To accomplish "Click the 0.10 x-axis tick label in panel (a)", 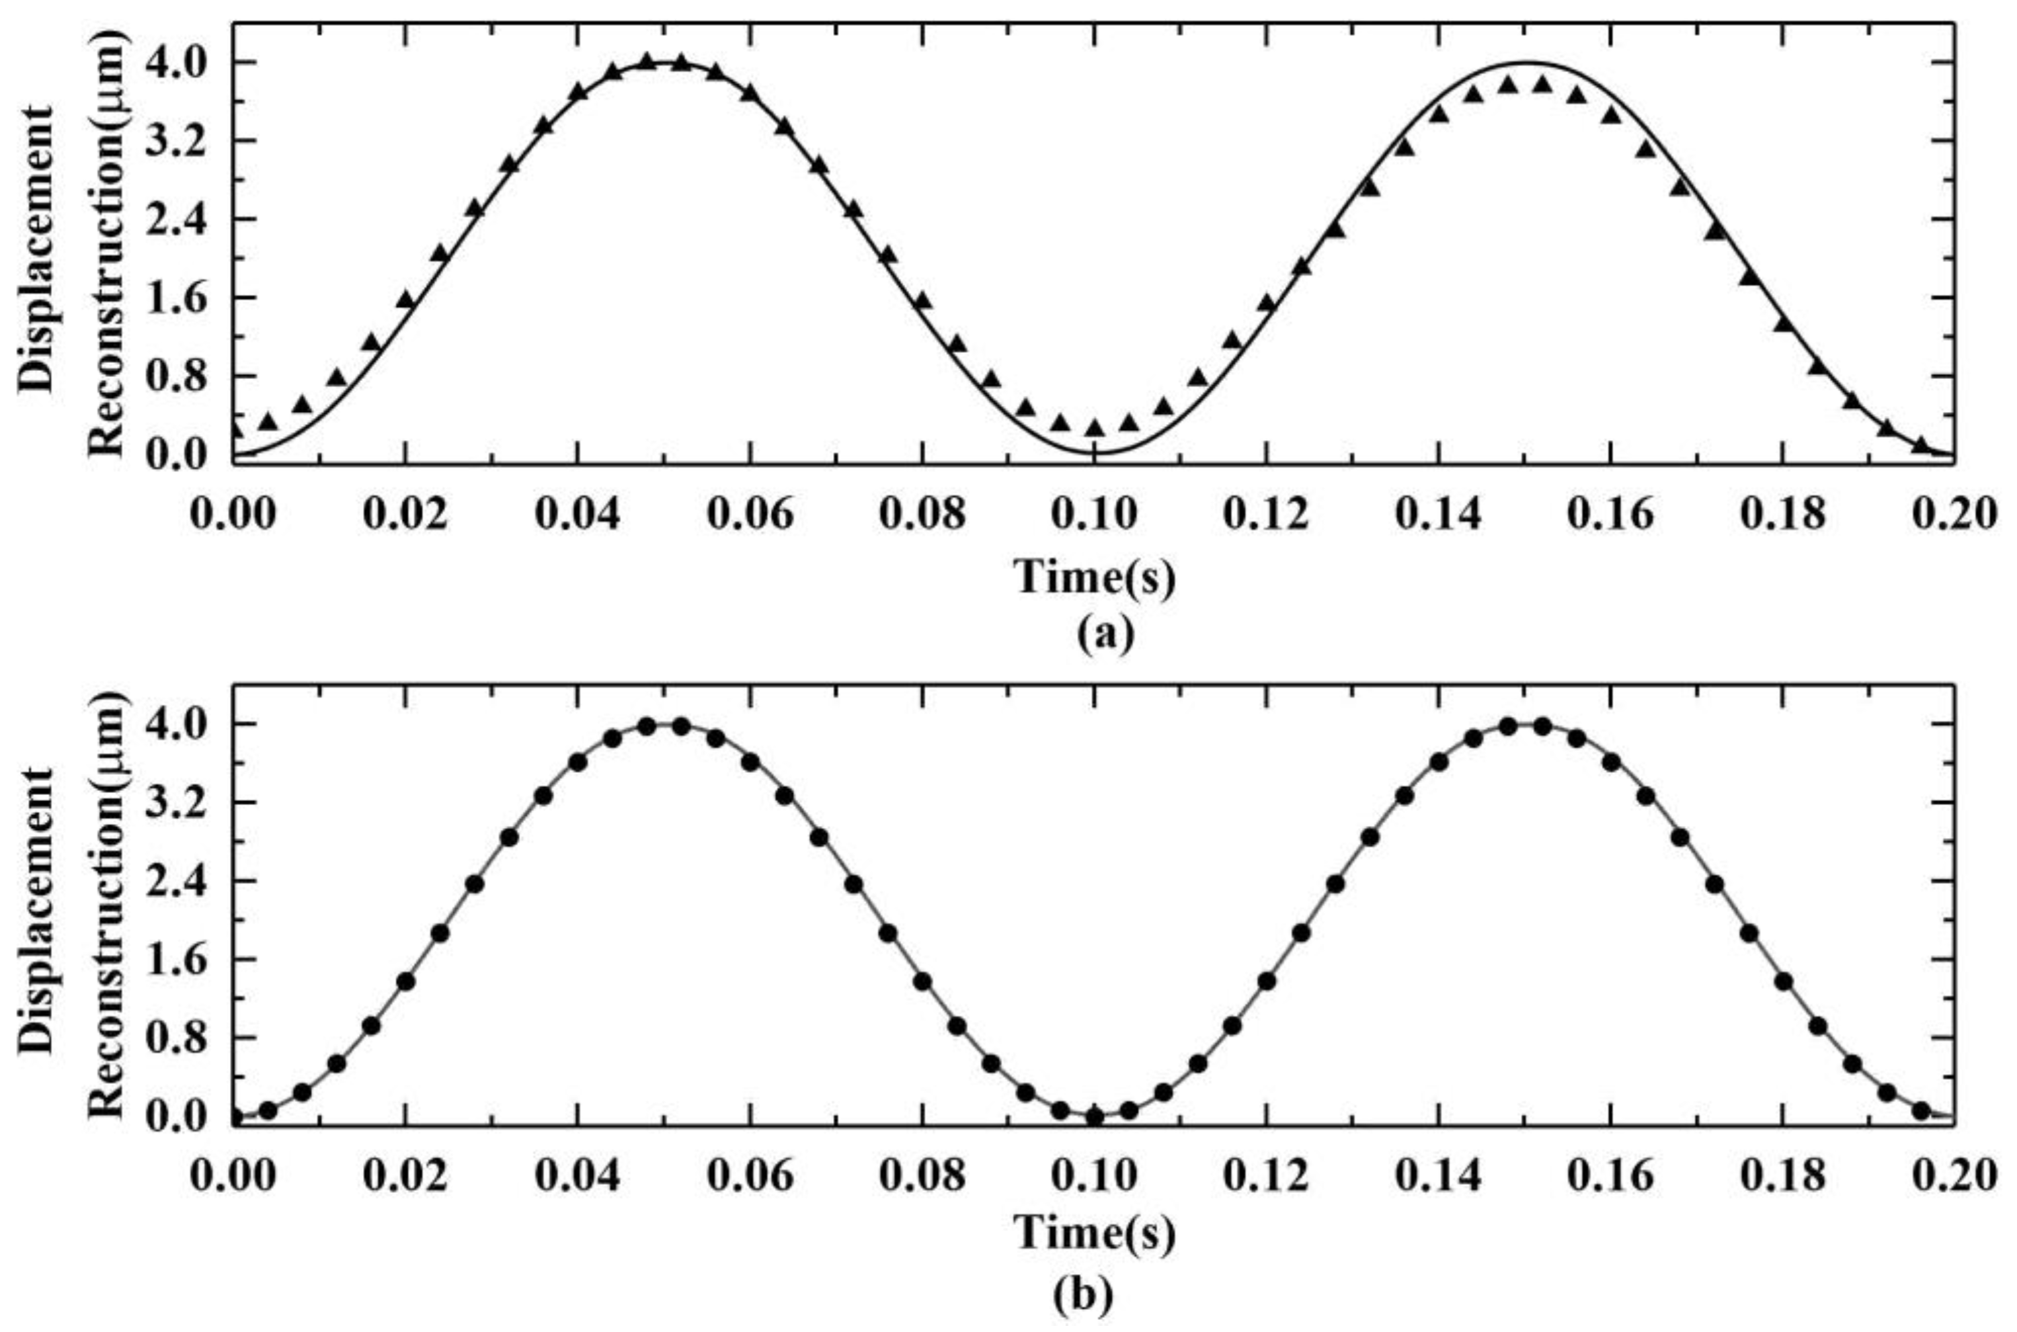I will pos(1095,515).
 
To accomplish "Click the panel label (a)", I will pos(1105,634).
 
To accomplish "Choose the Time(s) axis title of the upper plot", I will pos(1096,578).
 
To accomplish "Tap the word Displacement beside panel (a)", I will pos(38,249).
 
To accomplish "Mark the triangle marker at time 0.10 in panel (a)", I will pos(1095,427).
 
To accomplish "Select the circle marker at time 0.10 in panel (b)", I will pos(1095,1116).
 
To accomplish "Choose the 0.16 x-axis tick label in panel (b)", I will pos(1611,1177).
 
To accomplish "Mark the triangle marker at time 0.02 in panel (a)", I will pos(406,299).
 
